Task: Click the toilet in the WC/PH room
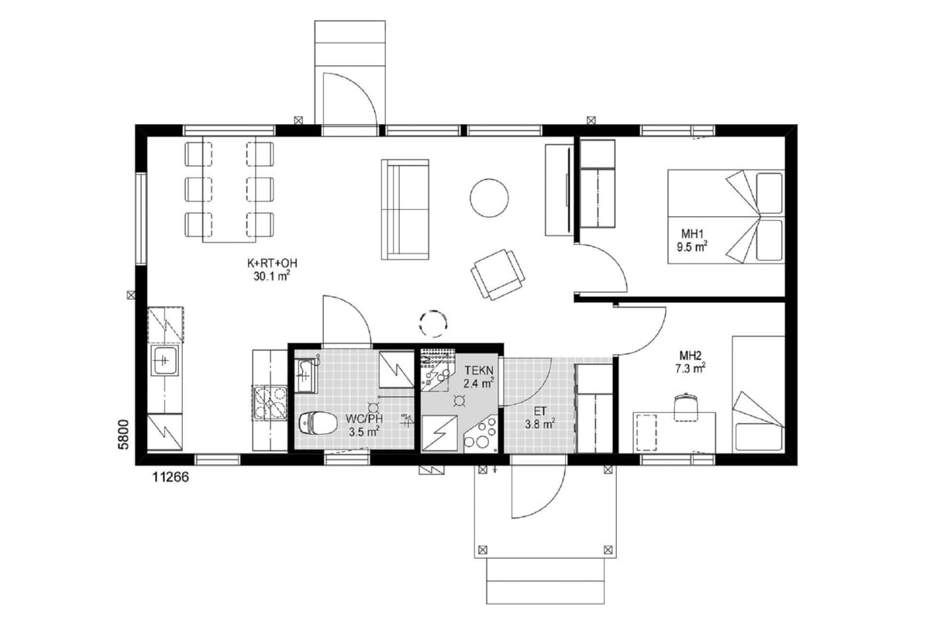pyautogui.click(x=318, y=422)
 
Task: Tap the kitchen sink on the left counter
pyautogui.click(x=165, y=360)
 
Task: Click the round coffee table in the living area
pyautogui.click(x=489, y=198)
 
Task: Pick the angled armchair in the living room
pyautogui.click(x=498, y=274)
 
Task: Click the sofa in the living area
pyautogui.click(x=405, y=209)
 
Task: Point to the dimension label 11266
pyautogui.click(x=170, y=477)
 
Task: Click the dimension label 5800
pyautogui.click(x=124, y=434)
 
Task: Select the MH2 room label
pyautogui.click(x=691, y=356)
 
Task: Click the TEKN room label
pyautogui.click(x=479, y=370)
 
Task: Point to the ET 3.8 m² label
pyautogui.click(x=540, y=418)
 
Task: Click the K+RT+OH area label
pyautogui.click(x=272, y=263)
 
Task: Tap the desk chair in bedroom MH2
pyautogui.click(x=686, y=407)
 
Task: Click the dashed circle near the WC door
pyautogui.click(x=433, y=323)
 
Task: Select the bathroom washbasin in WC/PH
pyautogui.click(x=305, y=375)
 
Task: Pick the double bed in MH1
pyautogui.click(x=725, y=216)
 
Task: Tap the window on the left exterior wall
pyautogui.click(x=142, y=219)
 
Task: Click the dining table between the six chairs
pyautogui.click(x=229, y=189)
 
